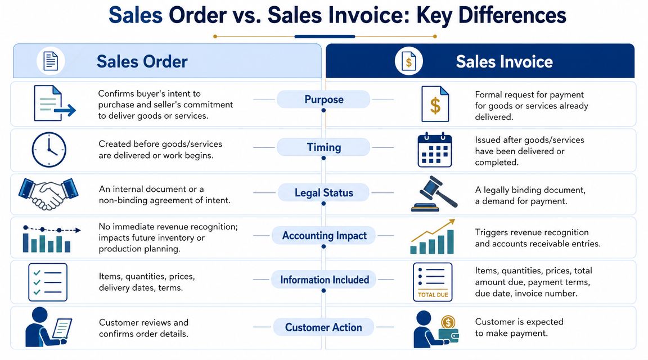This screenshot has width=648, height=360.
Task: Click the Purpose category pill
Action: (x=323, y=100)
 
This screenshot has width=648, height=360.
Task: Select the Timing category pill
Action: (x=323, y=147)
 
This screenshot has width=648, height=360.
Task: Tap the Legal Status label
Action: (x=323, y=193)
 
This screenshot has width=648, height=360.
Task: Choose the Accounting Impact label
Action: (x=324, y=236)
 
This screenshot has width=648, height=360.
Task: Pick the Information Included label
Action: (x=325, y=280)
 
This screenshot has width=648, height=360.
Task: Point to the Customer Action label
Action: (x=323, y=327)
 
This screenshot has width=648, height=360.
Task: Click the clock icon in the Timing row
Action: (x=48, y=150)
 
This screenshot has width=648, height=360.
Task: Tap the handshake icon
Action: (x=48, y=194)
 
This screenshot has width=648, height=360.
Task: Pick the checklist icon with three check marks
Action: (x=48, y=282)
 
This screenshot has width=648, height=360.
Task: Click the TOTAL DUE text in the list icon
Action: (x=433, y=295)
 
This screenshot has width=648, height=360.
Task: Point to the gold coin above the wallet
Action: (x=448, y=322)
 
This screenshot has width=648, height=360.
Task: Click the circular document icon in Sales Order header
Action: (x=51, y=61)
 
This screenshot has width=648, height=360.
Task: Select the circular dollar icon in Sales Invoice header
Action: (x=408, y=61)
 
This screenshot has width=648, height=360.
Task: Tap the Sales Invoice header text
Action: (x=504, y=61)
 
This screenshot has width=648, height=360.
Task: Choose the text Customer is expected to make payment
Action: (x=519, y=327)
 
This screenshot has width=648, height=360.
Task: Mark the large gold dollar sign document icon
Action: (x=435, y=104)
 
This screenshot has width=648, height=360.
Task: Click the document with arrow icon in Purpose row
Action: (x=52, y=103)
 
